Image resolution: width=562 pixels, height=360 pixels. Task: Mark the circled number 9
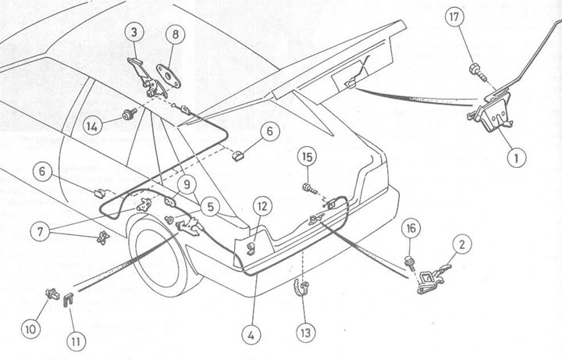(x=187, y=184)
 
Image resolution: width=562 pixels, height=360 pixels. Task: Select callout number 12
(x=261, y=207)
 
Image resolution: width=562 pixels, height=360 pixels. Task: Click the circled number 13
(x=304, y=332)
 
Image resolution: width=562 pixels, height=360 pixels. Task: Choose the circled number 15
(x=308, y=159)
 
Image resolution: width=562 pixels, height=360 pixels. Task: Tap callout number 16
(x=411, y=229)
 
